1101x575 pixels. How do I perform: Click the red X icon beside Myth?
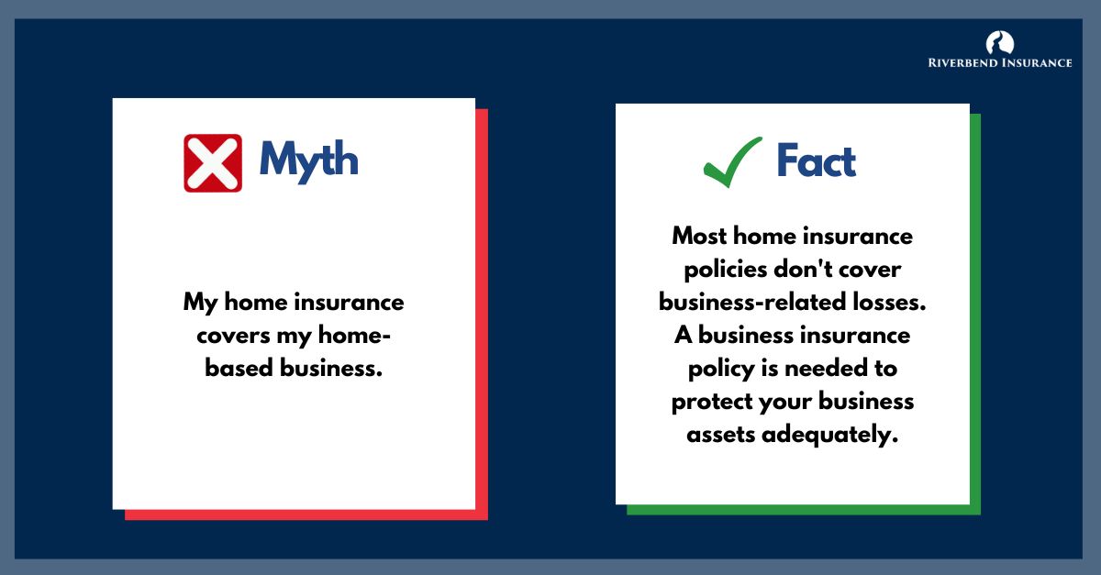point(213,162)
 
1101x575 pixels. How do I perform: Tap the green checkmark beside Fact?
point(732,160)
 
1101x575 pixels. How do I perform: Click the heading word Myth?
point(308,160)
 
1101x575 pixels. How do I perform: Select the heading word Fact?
point(816,160)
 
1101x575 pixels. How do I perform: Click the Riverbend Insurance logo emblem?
point(999,42)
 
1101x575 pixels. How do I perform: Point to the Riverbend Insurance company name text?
point(999,63)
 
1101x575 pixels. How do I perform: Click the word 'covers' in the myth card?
point(228,336)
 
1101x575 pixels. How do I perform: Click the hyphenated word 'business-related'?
point(738,302)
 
